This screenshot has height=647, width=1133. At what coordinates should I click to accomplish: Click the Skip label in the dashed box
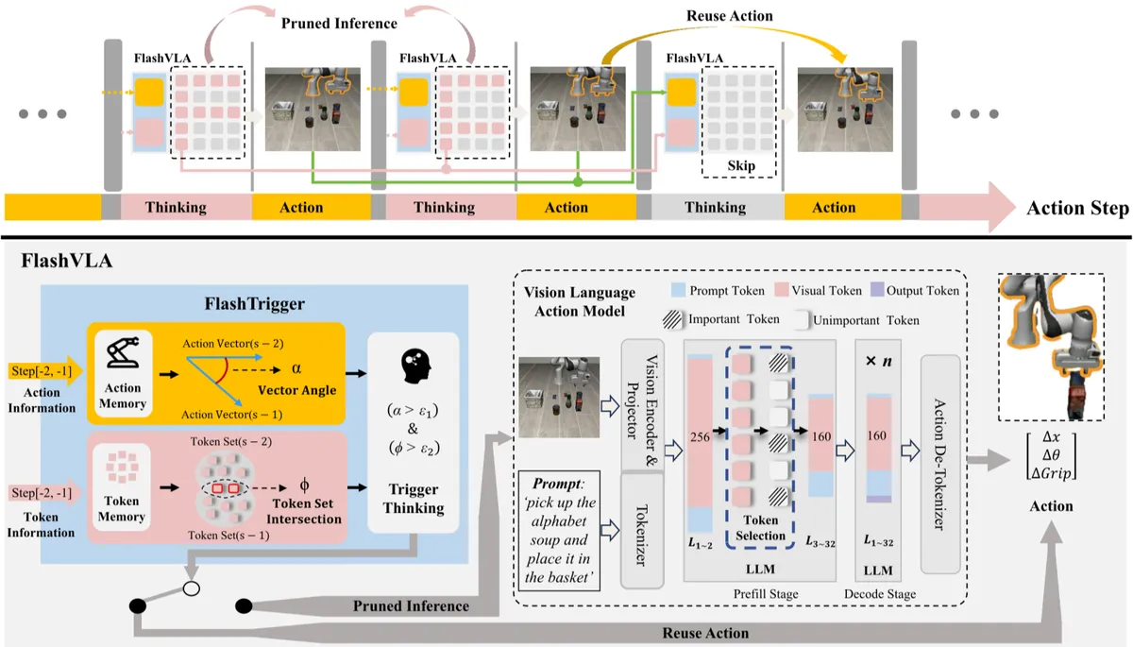pos(741,166)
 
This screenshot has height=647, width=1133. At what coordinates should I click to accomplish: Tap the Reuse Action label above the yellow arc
pos(729,16)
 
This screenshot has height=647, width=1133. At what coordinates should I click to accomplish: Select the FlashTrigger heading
pos(254,303)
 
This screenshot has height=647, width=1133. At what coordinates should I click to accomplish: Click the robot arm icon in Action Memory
pos(123,352)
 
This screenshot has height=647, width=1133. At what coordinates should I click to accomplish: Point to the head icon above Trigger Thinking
pos(415,366)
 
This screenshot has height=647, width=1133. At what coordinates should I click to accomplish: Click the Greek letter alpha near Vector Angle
pos(296,368)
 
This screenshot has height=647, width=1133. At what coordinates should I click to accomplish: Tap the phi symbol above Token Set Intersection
pos(304,485)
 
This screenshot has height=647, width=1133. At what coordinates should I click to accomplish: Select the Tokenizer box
pos(642,530)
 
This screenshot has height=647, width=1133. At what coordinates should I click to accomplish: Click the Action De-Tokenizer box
pos(940,464)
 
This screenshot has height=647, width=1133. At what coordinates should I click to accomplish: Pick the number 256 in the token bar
pos(700,437)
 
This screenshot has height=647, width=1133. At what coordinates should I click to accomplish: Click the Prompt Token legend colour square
pos(678,290)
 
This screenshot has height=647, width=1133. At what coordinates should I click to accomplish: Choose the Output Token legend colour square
pos(877,290)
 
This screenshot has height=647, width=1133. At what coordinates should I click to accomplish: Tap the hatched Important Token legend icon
pos(672,319)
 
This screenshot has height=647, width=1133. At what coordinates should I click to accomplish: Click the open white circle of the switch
pos(191,588)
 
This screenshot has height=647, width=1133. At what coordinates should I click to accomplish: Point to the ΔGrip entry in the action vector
pos(1051,473)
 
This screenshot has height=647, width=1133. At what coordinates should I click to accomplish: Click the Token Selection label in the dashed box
pos(760,528)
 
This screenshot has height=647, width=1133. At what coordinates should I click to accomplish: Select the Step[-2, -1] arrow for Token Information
pos(44,493)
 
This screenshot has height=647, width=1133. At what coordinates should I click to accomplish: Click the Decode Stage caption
pos(880,594)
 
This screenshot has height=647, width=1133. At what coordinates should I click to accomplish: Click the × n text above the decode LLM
pos(879,361)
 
